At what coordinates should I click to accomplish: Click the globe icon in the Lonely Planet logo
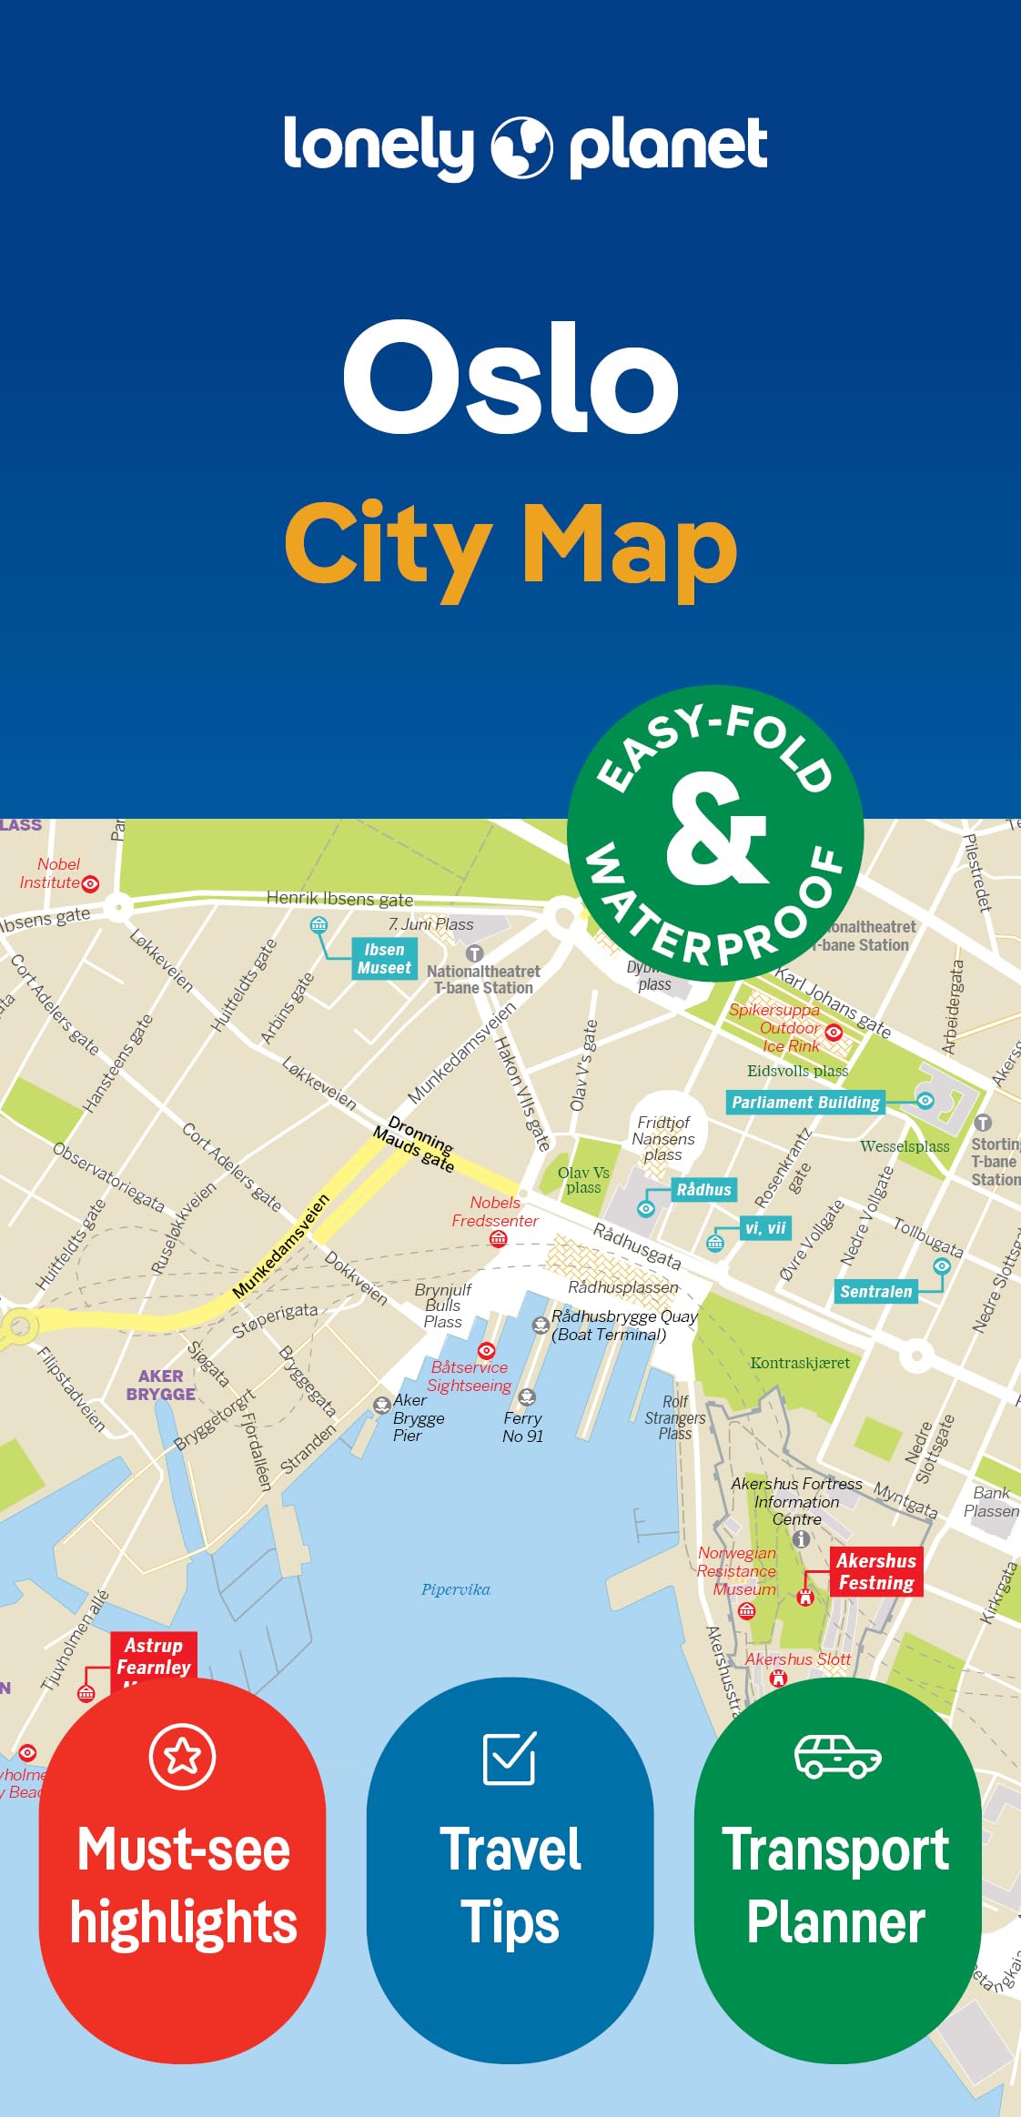click(521, 146)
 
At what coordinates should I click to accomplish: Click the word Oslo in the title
click(510, 378)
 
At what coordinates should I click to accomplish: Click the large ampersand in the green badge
click(715, 829)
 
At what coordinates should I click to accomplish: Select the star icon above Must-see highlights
click(183, 1755)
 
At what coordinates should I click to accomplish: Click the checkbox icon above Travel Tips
click(510, 1758)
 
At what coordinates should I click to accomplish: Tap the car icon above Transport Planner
click(837, 1756)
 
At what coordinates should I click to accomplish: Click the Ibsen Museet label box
click(384, 959)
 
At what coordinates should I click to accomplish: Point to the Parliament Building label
click(805, 1103)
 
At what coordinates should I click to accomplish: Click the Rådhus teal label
click(703, 1189)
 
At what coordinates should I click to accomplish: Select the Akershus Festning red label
click(875, 1572)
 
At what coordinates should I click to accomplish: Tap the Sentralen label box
click(875, 1291)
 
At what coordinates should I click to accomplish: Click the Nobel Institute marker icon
click(90, 883)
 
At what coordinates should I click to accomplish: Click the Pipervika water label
click(455, 1589)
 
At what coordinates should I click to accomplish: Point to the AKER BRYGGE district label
click(161, 1385)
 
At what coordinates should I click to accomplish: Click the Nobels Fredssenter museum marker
click(498, 1238)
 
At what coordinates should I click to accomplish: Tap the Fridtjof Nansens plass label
click(663, 1138)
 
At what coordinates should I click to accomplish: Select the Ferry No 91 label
click(522, 1426)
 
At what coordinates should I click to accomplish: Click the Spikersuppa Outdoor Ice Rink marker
click(834, 1032)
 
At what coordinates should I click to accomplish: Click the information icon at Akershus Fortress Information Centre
click(801, 1538)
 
